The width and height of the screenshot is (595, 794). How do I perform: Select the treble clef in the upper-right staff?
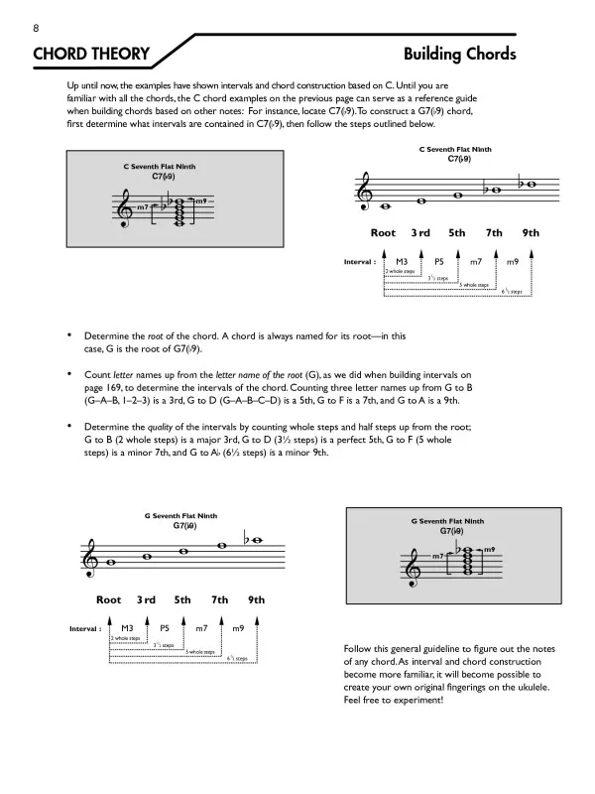[368, 191]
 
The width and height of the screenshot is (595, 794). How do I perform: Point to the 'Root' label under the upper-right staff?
[383, 233]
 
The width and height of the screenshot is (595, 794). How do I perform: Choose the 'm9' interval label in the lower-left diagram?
[238, 628]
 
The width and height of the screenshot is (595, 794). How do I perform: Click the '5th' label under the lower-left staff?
[182, 599]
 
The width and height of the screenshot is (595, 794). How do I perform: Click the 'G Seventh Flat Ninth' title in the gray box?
[447, 520]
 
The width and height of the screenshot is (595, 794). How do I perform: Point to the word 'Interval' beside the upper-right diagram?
[356, 262]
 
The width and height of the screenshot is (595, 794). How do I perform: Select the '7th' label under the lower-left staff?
[219, 599]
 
